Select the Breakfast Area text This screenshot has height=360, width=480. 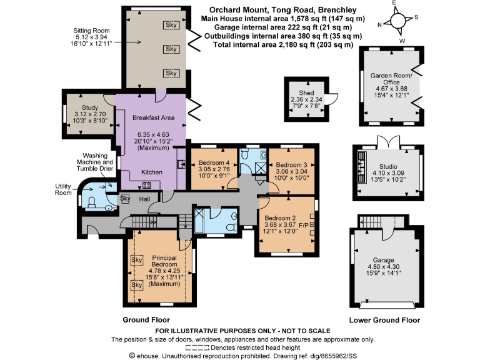[153, 117]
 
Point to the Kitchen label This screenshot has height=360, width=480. [152, 172]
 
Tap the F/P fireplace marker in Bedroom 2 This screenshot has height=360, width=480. [304, 224]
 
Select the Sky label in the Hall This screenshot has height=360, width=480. [124, 199]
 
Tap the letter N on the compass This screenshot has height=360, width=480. [379, 25]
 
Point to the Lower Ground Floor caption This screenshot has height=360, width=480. [386, 320]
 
